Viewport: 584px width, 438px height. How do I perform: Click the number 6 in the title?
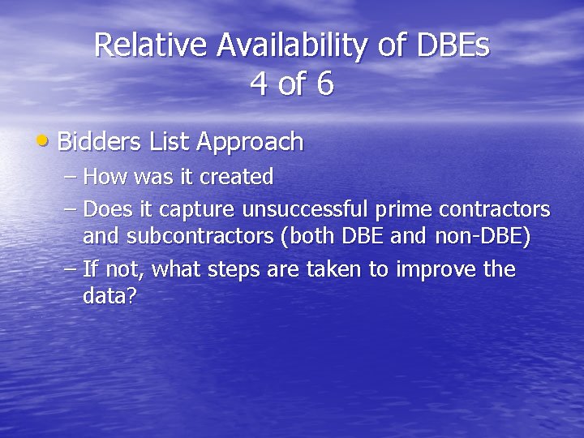324,84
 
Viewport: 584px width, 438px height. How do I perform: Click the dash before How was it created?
71,177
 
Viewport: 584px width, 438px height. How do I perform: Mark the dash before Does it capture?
71,210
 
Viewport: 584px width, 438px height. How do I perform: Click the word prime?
404,209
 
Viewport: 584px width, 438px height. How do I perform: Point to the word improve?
436,269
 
